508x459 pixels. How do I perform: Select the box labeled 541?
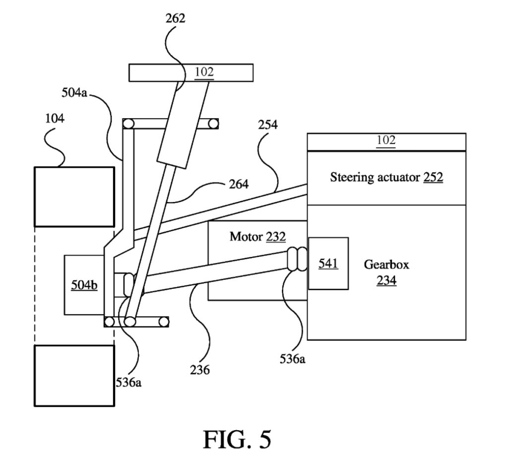click(328, 263)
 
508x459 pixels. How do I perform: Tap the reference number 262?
click(176, 18)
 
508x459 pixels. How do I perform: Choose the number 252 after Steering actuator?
click(433, 177)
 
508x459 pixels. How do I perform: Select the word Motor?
click(245, 237)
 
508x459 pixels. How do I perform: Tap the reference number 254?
click(267, 125)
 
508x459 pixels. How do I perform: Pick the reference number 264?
click(237, 184)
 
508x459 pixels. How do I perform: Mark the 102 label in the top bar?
click(204, 72)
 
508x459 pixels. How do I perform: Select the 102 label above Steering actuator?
click(386, 140)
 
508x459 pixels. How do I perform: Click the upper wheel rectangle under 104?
click(74, 197)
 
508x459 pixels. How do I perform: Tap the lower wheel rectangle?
click(74, 376)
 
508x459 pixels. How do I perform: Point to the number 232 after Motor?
click(276, 237)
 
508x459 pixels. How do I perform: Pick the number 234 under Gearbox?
click(386, 280)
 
